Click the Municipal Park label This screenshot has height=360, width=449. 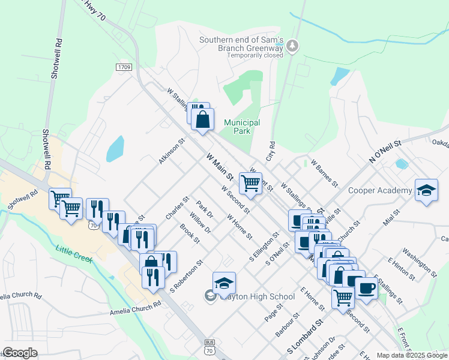click(x=242, y=127)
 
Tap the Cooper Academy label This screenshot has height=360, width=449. click(x=381, y=191)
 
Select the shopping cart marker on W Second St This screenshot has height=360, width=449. click(x=250, y=182)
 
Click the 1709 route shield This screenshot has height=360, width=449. click(x=124, y=68)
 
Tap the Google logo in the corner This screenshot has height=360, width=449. click(x=20, y=353)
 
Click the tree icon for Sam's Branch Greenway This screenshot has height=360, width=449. click(x=292, y=45)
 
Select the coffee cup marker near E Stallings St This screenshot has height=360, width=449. click(x=366, y=287)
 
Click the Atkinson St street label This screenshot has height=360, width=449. click(x=171, y=153)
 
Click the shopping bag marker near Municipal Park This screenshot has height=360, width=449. click(x=203, y=119)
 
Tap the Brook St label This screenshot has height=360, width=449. click(x=190, y=233)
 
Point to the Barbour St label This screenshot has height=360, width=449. click(x=288, y=324)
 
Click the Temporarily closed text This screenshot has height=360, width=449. click(x=255, y=55)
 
